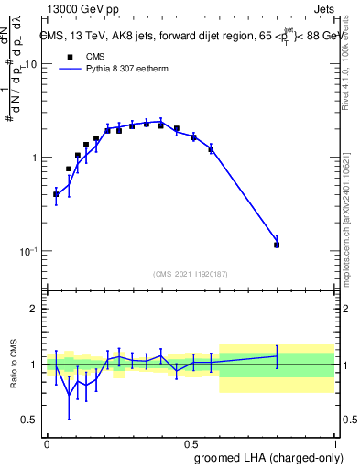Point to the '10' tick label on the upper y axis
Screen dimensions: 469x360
[30, 65]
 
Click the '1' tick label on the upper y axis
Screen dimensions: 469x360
[34, 158]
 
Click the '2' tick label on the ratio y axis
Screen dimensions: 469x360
[35, 310]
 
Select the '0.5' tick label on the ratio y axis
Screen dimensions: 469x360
[29, 420]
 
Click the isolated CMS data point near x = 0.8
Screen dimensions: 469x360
[277, 245]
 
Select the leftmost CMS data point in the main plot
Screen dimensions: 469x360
[56, 194]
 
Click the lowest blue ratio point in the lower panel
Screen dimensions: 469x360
[69, 396]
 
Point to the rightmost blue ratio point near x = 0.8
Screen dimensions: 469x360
[277, 356]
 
